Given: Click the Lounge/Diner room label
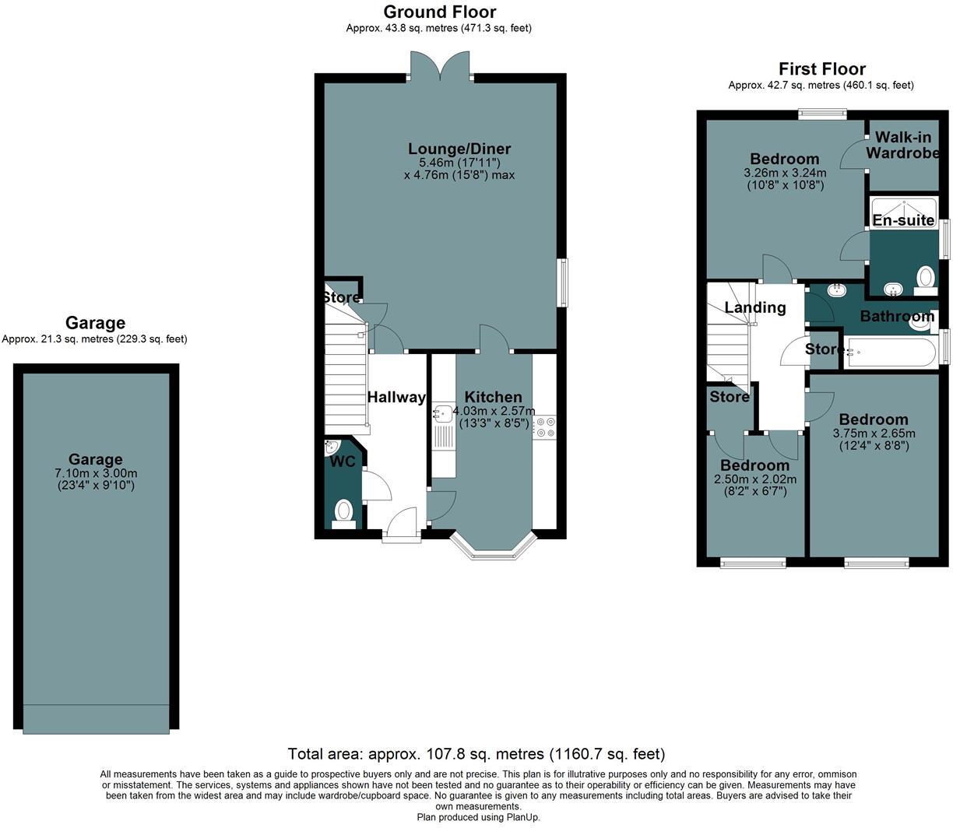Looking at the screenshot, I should (459, 149).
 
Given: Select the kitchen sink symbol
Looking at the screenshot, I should (444, 412).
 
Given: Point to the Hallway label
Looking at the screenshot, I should (396, 397).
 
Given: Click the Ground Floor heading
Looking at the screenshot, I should (439, 12).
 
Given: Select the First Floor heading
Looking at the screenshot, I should (821, 69).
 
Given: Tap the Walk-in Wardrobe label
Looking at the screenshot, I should (902, 146).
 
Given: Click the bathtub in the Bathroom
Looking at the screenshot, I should (890, 353).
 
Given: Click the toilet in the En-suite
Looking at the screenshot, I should (925, 278).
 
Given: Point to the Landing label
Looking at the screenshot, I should (754, 307).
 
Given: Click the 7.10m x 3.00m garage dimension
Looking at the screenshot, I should (95, 473).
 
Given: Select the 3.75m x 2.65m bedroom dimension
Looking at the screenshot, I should (874, 433).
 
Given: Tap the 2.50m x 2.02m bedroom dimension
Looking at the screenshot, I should (754, 479).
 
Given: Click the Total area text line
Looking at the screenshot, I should (476, 753).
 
